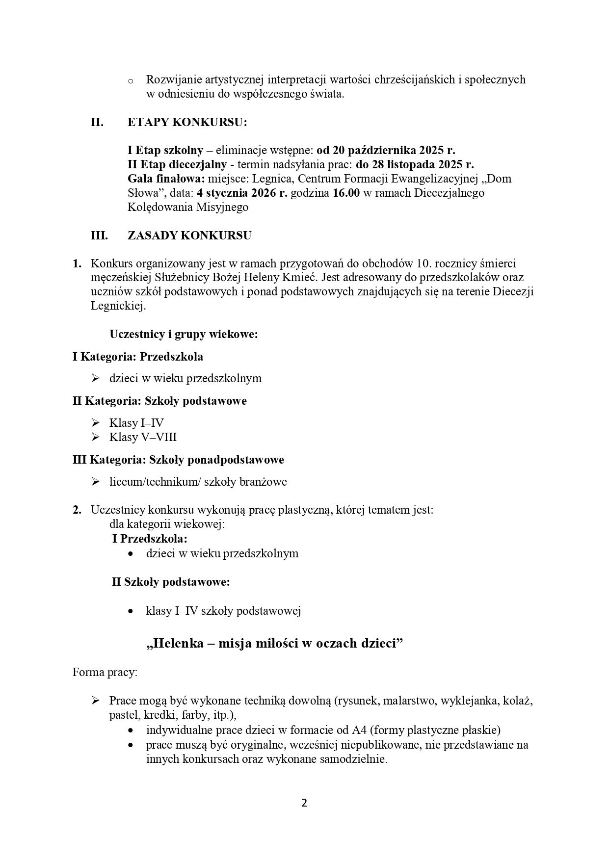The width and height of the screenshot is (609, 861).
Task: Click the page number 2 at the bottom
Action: (x=304, y=803)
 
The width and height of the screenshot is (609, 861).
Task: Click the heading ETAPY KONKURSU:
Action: (x=187, y=122)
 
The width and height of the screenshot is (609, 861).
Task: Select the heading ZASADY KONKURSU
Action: (x=189, y=235)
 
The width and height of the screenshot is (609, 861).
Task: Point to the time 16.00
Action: (x=346, y=193)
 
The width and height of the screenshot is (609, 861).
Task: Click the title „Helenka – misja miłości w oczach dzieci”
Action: (x=274, y=643)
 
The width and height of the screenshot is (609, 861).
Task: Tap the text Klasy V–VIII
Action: (x=143, y=437)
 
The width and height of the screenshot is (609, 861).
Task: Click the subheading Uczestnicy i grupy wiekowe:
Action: (x=184, y=335)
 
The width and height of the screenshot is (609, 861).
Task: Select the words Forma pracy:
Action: (x=105, y=672)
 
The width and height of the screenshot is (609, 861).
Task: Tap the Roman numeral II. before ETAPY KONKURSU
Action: (x=97, y=122)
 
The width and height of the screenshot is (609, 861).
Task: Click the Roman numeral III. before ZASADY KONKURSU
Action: (x=99, y=235)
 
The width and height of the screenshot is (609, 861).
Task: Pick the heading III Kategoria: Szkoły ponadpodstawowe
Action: (x=178, y=460)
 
